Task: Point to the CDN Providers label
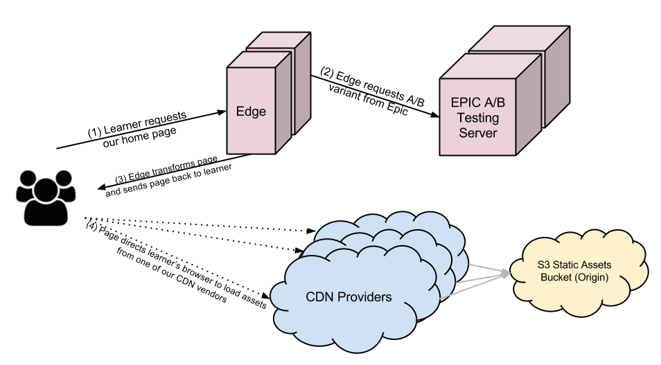click(x=349, y=299)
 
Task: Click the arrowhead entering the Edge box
click(x=223, y=110)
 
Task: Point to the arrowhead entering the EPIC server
click(x=434, y=117)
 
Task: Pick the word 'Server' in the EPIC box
click(x=479, y=133)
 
